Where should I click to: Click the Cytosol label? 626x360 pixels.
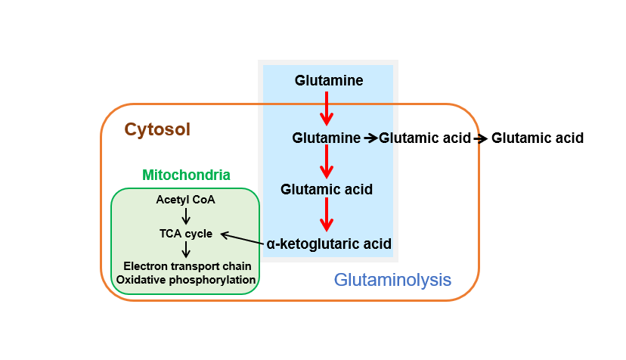click(157, 129)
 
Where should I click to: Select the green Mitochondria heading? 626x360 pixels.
click(186, 175)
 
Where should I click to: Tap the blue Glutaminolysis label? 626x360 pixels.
click(392, 280)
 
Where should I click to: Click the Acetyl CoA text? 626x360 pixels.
click(186, 200)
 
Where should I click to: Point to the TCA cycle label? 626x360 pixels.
click(186, 233)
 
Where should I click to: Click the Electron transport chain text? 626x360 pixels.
click(187, 266)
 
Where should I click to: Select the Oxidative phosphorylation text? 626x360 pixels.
click(187, 280)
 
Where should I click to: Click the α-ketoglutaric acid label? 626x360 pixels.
click(329, 244)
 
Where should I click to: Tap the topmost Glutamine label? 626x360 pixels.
click(329, 80)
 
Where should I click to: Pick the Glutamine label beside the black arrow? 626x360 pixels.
click(326, 138)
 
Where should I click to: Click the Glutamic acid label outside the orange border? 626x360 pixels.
click(538, 138)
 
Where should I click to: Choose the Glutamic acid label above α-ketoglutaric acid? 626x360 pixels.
click(327, 189)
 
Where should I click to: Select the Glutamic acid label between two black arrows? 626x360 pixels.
click(424, 138)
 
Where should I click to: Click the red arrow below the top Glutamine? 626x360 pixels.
click(327, 108)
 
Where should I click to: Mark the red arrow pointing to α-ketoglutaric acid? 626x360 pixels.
click(327, 215)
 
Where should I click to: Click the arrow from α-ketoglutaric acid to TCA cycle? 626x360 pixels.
click(242, 239)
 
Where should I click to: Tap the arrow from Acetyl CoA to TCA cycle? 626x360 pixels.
click(186, 216)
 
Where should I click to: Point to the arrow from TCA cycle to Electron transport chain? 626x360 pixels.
click(186, 250)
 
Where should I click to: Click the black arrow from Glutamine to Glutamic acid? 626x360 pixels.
click(370, 138)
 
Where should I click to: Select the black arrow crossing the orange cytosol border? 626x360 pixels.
click(480, 138)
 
